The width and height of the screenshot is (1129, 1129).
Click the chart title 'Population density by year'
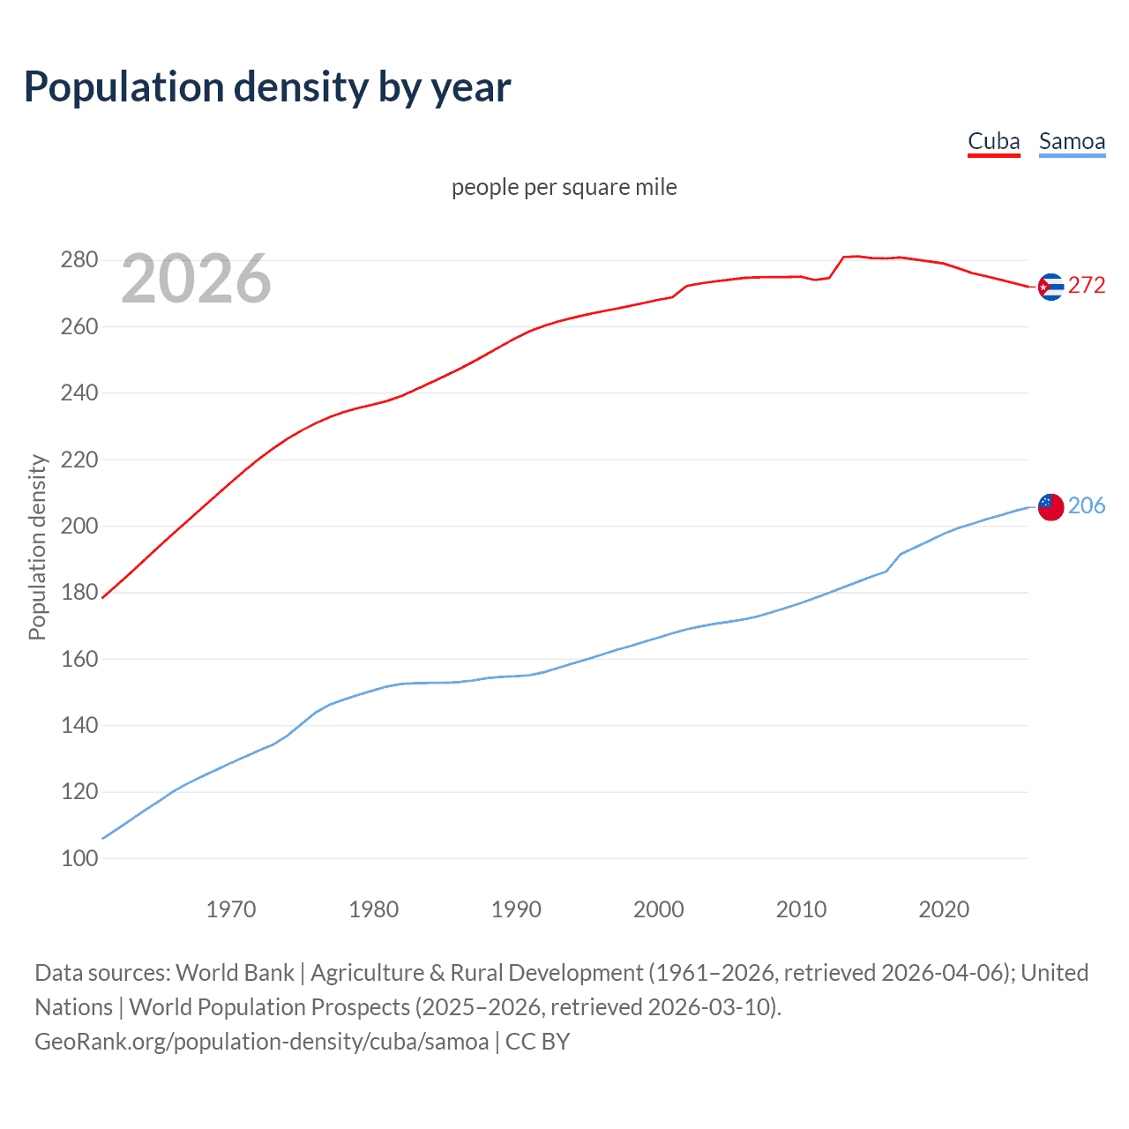coord(267,87)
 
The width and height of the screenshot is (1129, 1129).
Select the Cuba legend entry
coord(993,142)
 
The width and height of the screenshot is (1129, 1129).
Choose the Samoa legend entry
coord(1072,142)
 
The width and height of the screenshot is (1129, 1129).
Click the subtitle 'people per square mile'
coord(564,187)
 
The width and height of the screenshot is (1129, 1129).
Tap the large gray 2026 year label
coord(196,279)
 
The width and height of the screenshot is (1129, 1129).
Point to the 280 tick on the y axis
coord(79,260)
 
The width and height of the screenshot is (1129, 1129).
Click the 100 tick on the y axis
coord(79,858)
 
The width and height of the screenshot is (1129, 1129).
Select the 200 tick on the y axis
coord(79,527)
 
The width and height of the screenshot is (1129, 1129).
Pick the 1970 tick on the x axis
coord(231,909)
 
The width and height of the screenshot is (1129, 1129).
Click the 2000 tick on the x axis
coord(659,909)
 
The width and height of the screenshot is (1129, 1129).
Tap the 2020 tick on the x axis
coord(944,909)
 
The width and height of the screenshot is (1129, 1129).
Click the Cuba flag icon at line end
coord(1050,287)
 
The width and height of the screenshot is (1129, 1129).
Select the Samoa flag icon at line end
coord(1050,507)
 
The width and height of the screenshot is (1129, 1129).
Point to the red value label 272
coord(1087,285)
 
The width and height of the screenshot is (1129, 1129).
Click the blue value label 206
coord(1087,505)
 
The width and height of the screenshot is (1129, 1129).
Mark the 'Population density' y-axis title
coord(37,547)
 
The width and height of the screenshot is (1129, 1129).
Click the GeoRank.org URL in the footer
coord(261,1042)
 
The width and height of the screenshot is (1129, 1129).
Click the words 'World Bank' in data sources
coord(235,973)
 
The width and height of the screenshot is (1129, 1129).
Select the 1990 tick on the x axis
coord(516,909)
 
